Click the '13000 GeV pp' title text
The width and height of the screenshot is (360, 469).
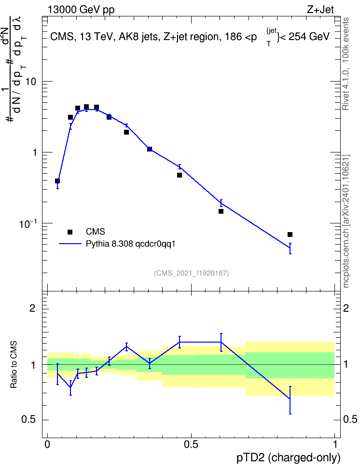pyautogui.click(x=81, y=10)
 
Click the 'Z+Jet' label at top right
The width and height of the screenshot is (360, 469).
pyautogui.click(x=320, y=10)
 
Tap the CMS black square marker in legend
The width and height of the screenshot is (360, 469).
pyautogui.click(x=70, y=232)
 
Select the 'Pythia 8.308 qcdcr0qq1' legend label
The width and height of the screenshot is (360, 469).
pyautogui.click(x=130, y=244)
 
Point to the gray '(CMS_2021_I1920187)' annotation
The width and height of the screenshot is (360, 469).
pyautogui.click(x=192, y=273)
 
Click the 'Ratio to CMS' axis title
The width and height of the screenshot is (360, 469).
pyautogui.click(x=14, y=365)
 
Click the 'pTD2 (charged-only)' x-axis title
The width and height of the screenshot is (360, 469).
pyautogui.click(x=289, y=457)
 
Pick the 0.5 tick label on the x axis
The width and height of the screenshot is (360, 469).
pyautogui.click(x=191, y=444)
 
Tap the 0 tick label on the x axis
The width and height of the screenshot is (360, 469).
pyautogui.click(x=47, y=444)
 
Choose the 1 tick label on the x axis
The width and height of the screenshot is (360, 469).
pyautogui.click(x=335, y=444)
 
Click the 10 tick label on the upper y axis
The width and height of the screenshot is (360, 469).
pyautogui.click(x=31, y=82)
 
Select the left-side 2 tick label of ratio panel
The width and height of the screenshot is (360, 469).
pyautogui.click(x=32, y=308)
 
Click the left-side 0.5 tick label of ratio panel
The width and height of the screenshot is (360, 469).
pyautogui.click(x=29, y=420)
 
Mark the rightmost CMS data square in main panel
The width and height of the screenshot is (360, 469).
pyautogui.click(x=290, y=234)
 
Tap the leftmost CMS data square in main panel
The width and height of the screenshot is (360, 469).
pyautogui.click(x=57, y=181)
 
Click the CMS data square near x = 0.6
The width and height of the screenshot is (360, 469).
pyautogui.click(x=221, y=211)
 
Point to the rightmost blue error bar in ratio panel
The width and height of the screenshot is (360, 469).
pyautogui.click(x=290, y=400)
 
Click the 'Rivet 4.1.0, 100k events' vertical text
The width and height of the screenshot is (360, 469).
pyautogui.click(x=346, y=64)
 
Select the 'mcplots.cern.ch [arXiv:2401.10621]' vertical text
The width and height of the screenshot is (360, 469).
pyautogui.click(x=346, y=221)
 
